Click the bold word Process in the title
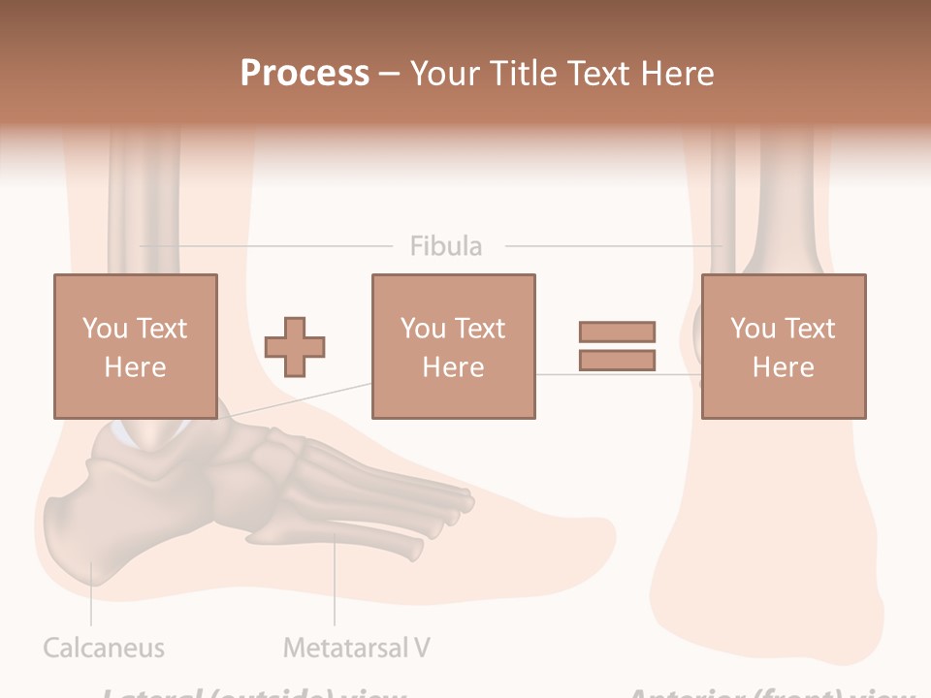coord(305,74)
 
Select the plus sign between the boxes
coord(295,347)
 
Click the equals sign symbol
coord(617,346)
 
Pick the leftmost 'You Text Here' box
coord(135,346)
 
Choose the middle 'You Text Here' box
coord(453,346)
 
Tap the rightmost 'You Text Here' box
coord(783,346)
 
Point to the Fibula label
coord(445,246)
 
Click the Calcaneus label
coord(104,648)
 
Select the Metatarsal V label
coord(356,648)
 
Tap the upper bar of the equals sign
coord(617,333)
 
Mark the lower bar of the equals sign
coord(617,361)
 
